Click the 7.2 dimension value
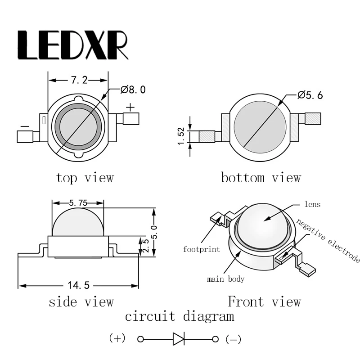pyautogui.click(x=79, y=80)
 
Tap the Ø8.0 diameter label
pyautogui.click(x=133, y=90)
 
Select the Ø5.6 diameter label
pyautogui.click(x=310, y=95)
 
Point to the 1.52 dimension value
pyautogui.click(x=181, y=136)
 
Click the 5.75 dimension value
pyautogui.click(x=78, y=203)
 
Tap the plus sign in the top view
pyautogui.click(x=130, y=107)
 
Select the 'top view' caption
pyautogui.click(x=85, y=178)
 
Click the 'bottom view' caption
pyautogui.click(x=261, y=178)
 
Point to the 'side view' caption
pyautogui.click(x=81, y=301)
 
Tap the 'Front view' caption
pyautogui.click(x=264, y=301)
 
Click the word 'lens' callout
pyautogui.click(x=312, y=204)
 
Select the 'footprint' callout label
pyautogui.click(x=201, y=249)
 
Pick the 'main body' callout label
pyautogui.click(x=225, y=279)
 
